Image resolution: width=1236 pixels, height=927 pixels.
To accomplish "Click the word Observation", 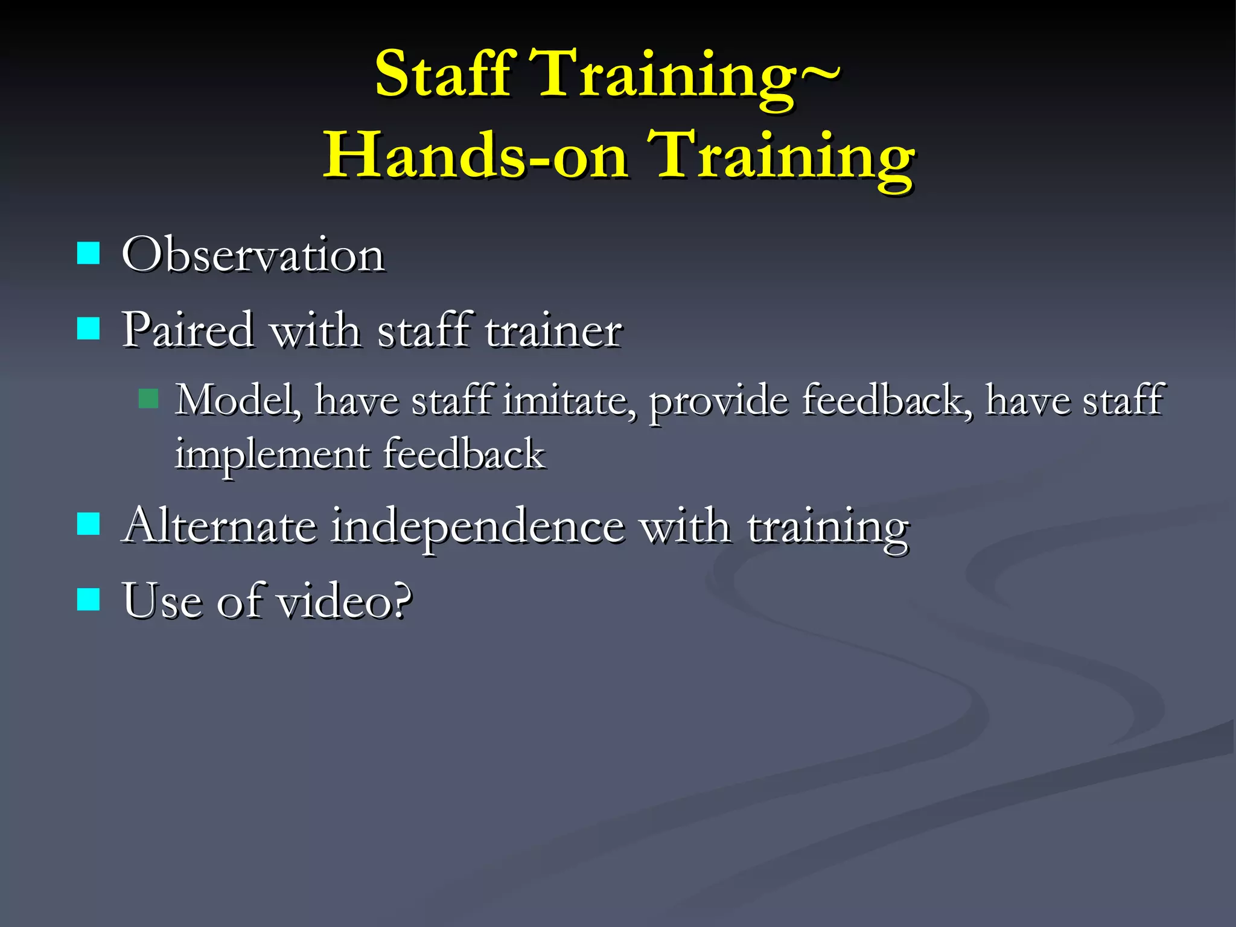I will click(253, 255).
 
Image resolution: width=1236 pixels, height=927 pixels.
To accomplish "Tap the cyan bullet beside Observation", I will click(89, 253).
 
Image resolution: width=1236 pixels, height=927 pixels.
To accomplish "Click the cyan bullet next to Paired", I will click(89, 329).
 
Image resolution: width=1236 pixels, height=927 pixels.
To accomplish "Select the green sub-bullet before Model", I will click(148, 398).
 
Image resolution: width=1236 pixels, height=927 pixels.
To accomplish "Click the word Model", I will click(238, 401).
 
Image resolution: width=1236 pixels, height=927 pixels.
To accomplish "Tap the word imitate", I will click(570, 401).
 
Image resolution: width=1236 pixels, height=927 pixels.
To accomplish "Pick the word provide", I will click(718, 401).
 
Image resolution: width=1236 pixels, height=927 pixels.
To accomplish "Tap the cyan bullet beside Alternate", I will click(89, 524).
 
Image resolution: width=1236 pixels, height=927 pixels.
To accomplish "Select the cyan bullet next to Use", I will click(89, 599).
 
